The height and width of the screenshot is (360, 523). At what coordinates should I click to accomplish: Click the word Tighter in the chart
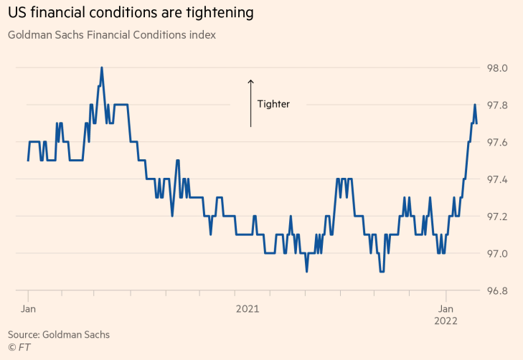pyautogui.click(x=273, y=104)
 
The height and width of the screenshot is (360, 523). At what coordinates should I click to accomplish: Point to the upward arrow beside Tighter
pyautogui.click(x=250, y=103)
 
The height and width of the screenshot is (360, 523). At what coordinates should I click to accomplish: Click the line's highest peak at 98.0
pyautogui.click(x=101, y=68)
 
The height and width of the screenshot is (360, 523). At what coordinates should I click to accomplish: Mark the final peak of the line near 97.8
pyautogui.click(x=474, y=105)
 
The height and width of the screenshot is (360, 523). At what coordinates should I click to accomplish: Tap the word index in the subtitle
pyautogui.click(x=202, y=34)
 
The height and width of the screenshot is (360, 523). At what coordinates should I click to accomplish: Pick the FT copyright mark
pyautogui.click(x=19, y=347)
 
